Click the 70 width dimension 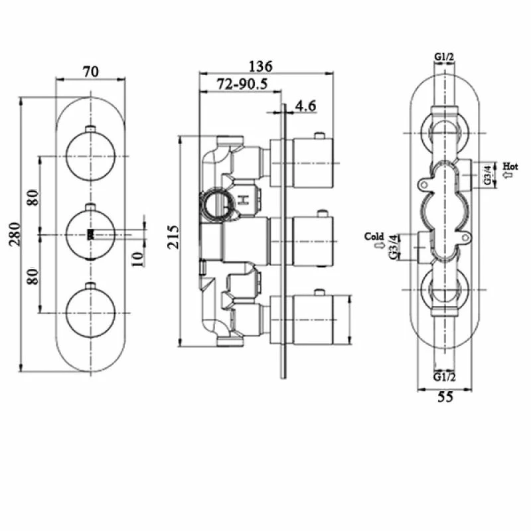point(90,71)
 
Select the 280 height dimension point(15,233)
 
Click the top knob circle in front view point(91,155)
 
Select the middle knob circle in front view point(91,234)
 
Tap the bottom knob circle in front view point(91,311)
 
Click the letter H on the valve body point(244,198)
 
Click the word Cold point(375,236)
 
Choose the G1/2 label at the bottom point(445,376)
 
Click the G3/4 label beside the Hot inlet point(487,175)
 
